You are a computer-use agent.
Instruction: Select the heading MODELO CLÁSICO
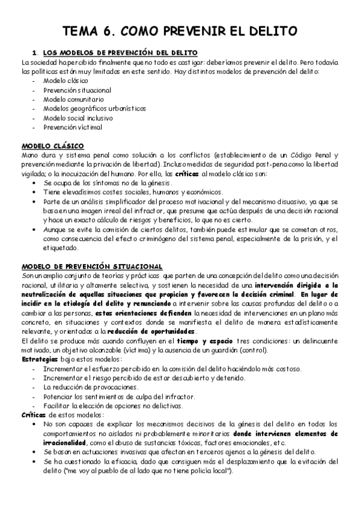point(53,146)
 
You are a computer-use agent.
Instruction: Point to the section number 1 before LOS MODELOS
point(35,53)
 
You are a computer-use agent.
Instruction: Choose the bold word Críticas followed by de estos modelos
point(33,415)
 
